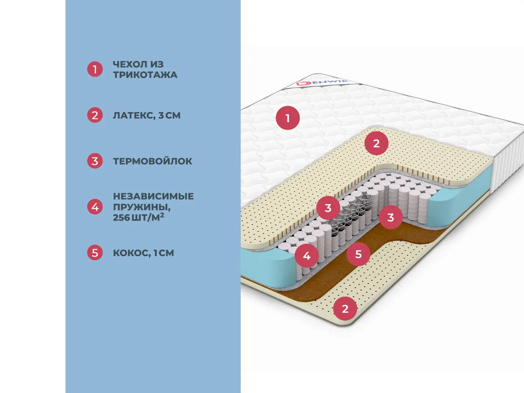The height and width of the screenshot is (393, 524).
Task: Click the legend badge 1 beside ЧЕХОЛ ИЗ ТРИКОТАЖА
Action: [x=95, y=69]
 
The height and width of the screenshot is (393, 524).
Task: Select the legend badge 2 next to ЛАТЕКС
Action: [x=95, y=115]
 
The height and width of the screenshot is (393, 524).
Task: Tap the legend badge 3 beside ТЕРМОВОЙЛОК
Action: [x=95, y=161]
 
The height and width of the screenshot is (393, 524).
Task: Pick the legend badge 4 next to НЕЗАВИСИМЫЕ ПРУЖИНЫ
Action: [x=95, y=207]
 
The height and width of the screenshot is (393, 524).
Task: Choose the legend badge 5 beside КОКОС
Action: [x=95, y=253]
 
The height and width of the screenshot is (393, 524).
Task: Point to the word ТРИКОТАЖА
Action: [x=145, y=75]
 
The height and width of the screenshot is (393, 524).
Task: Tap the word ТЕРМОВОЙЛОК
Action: [x=153, y=161]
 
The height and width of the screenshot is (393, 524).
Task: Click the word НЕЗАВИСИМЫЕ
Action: [x=153, y=196]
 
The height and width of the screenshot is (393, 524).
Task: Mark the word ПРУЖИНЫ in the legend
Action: [x=141, y=207]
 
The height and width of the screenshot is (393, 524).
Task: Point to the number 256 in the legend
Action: [x=121, y=217]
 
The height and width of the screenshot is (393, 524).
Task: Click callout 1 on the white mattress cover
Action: [x=288, y=118]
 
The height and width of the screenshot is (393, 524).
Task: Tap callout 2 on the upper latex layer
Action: [x=376, y=143]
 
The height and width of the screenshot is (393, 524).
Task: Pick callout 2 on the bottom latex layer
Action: [x=345, y=309]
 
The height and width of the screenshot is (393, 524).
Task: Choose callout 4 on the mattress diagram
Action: [x=307, y=255]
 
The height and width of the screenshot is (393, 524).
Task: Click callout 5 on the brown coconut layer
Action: [x=358, y=254]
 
